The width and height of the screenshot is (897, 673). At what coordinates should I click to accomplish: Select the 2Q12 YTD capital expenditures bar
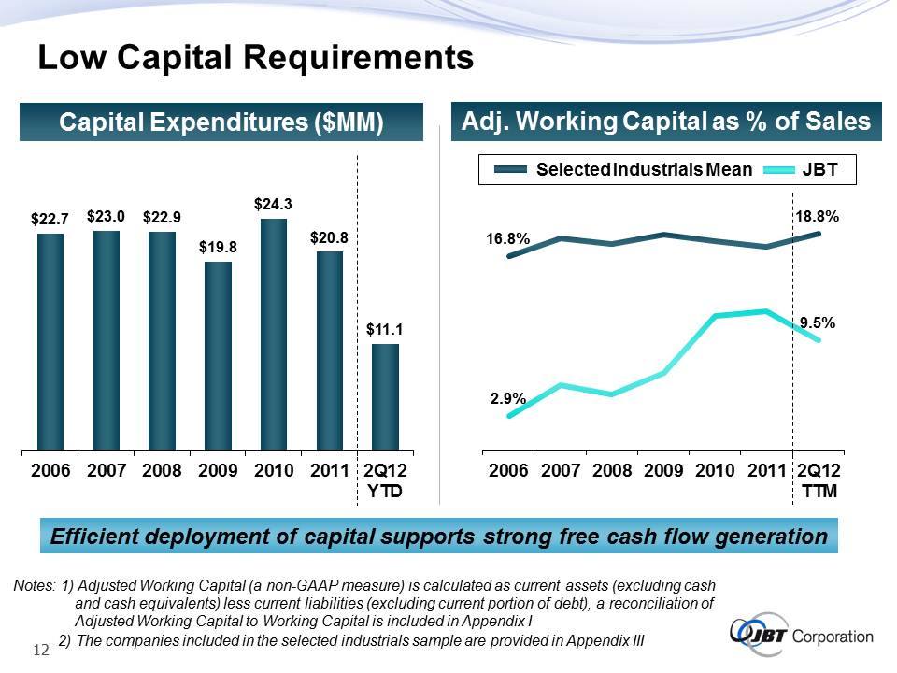[385, 396]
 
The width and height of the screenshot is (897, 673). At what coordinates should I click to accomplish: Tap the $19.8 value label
[218, 248]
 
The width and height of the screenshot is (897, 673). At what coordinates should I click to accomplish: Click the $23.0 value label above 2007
[106, 216]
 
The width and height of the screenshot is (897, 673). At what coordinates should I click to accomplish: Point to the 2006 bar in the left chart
[50, 341]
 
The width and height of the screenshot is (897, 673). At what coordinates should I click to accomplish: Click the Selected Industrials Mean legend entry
[624, 169]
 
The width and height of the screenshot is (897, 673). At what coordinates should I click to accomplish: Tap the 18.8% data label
[818, 216]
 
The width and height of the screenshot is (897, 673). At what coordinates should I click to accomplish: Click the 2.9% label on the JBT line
[508, 398]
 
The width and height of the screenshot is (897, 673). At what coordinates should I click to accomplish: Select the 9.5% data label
[817, 322]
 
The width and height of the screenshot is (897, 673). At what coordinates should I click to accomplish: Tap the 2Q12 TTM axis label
[819, 480]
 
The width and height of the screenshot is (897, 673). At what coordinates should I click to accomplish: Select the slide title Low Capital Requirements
[255, 58]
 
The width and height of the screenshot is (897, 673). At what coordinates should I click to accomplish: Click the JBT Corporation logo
[803, 637]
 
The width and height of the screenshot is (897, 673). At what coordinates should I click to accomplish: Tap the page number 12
[41, 650]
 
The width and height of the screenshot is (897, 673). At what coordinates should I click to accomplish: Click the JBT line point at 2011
[766, 311]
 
